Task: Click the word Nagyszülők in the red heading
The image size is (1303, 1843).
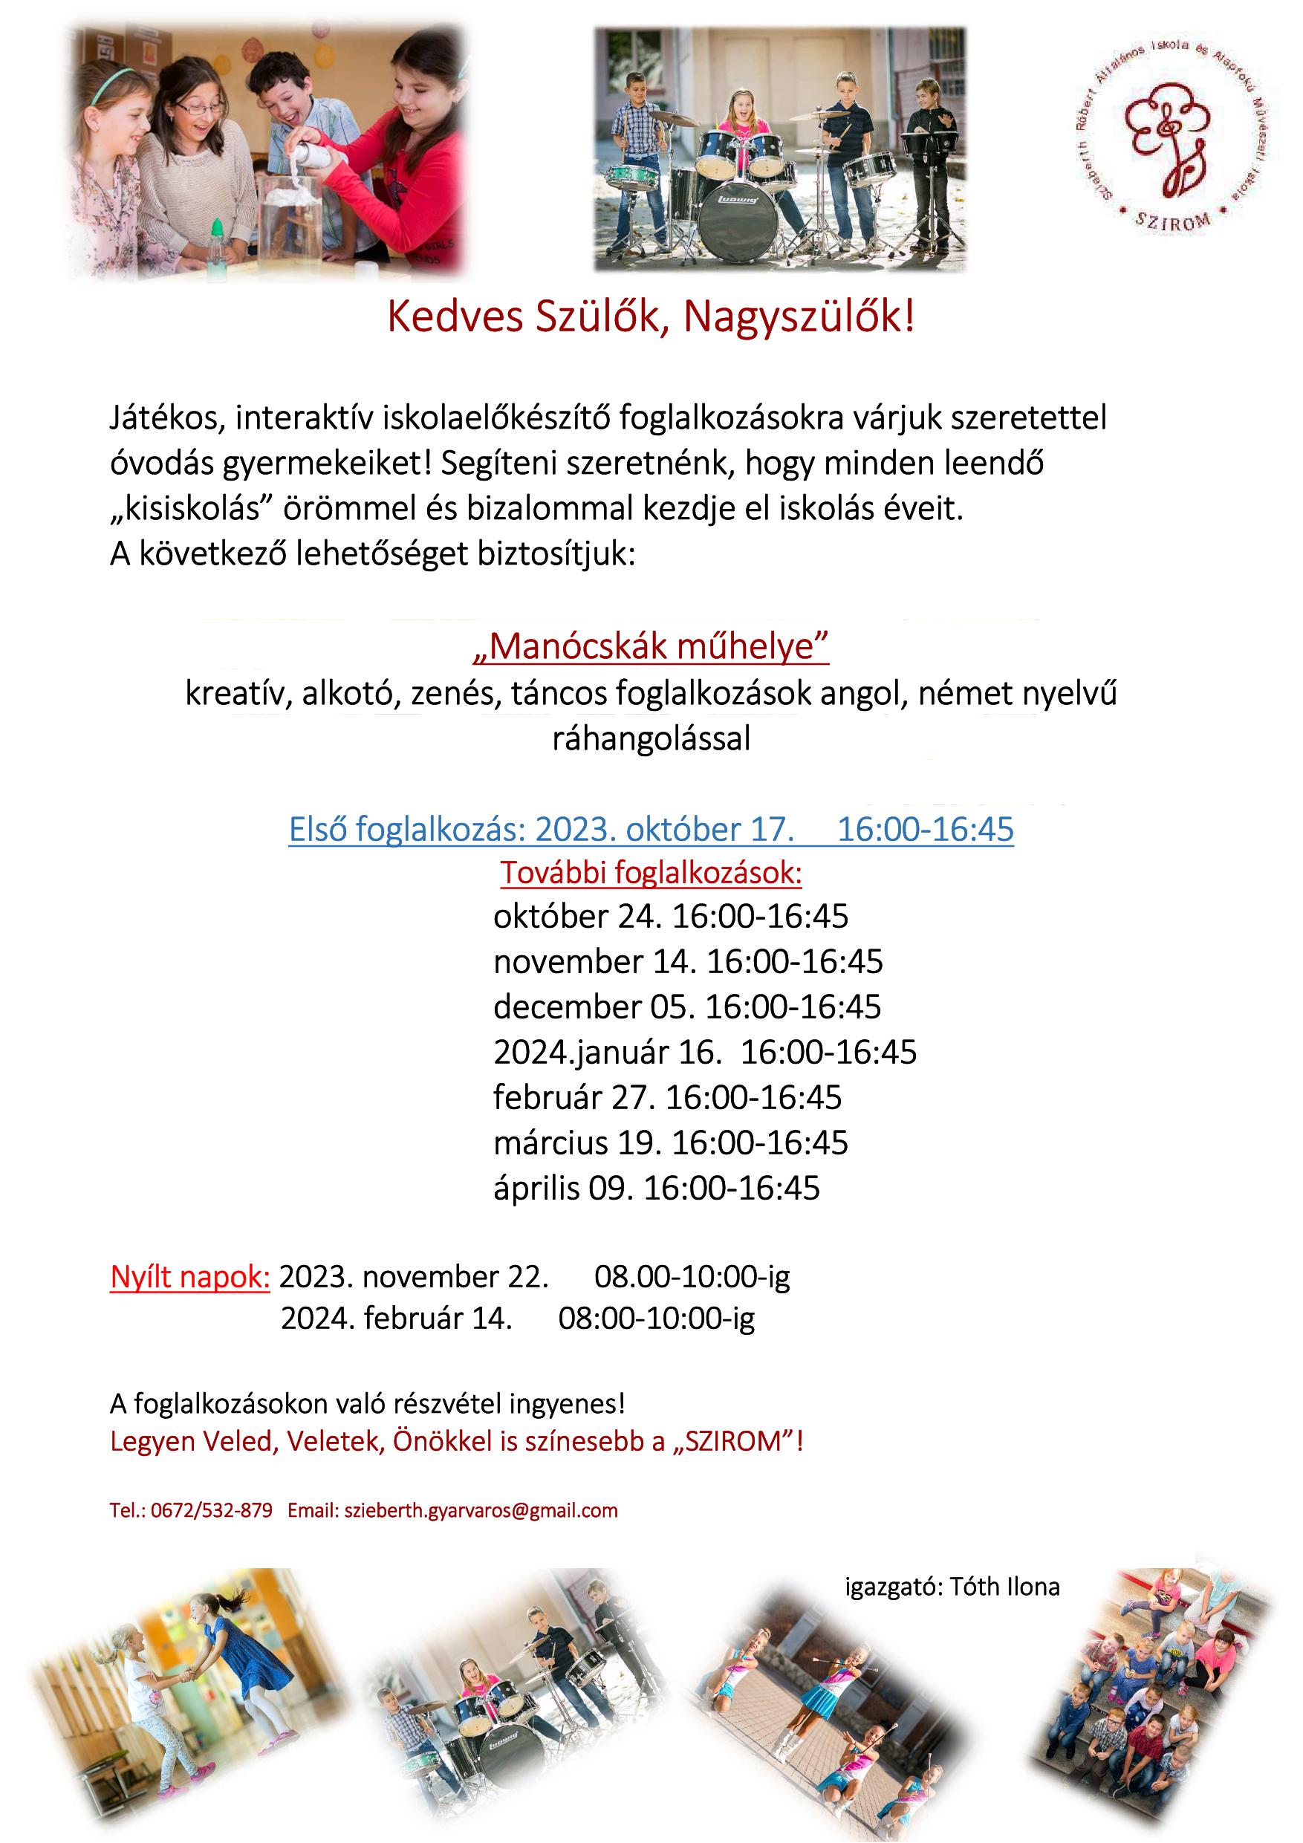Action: [x=799, y=318]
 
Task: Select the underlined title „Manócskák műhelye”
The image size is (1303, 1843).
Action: [x=650, y=646]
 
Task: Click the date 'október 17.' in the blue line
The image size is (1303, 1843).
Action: [x=709, y=829]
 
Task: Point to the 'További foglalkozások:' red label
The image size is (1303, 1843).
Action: [x=651, y=874]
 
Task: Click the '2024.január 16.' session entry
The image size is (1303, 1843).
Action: [x=608, y=1053]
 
